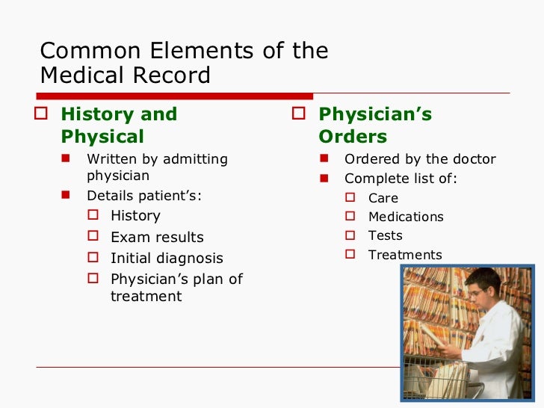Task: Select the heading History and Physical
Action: tap(119, 126)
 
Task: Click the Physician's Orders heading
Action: tap(374, 126)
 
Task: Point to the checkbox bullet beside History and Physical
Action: tap(45, 114)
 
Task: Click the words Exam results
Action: tap(157, 237)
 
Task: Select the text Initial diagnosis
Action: tap(167, 259)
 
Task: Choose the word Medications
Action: tap(406, 217)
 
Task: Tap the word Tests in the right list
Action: tap(386, 235)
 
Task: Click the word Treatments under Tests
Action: tap(405, 255)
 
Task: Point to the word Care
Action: tap(383, 198)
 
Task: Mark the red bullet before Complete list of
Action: tap(324, 179)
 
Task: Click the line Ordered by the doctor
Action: tap(420, 159)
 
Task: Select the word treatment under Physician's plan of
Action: tap(146, 297)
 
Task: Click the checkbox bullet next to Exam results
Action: tap(93, 236)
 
